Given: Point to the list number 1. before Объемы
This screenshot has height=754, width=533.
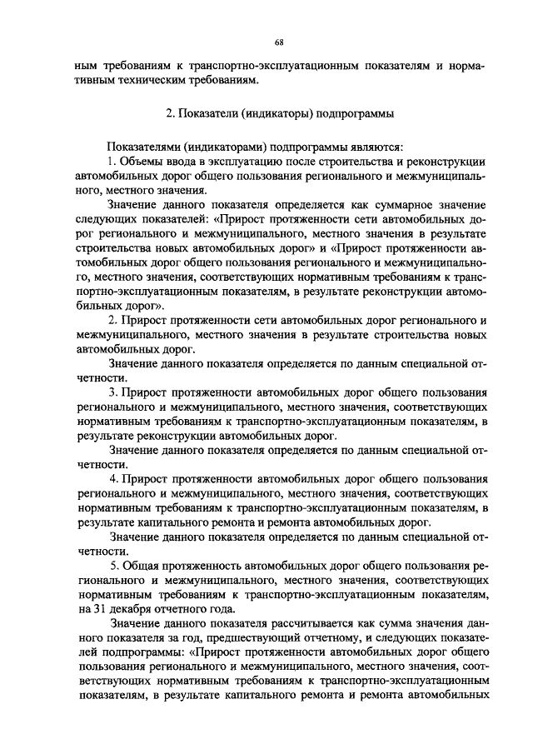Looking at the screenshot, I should coord(112,160).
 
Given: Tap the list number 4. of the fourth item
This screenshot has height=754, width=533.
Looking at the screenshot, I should coord(112,481).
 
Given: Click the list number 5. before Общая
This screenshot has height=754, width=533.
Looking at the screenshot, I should coord(112,572).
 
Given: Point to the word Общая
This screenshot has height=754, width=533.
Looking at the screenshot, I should coord(141,572).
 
